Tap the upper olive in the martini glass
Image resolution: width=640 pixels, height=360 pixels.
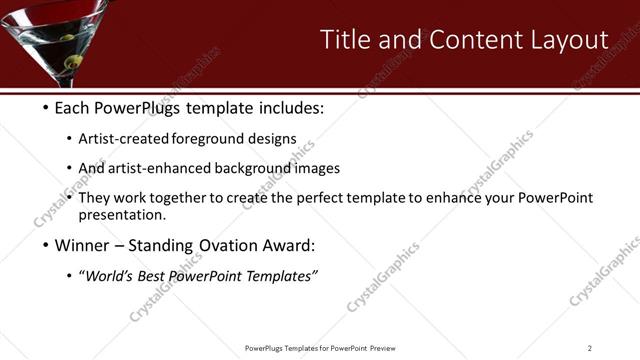(x=66, y=40)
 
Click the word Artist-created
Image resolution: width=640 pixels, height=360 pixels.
(x=124, y=139)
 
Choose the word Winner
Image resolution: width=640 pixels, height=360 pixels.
(x=83, y=246)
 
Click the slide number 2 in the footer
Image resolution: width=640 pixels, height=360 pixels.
(x=590, y=348)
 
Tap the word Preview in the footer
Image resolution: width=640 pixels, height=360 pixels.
(x=381, y=348)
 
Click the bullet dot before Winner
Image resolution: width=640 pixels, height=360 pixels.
(x=46, y=246)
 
